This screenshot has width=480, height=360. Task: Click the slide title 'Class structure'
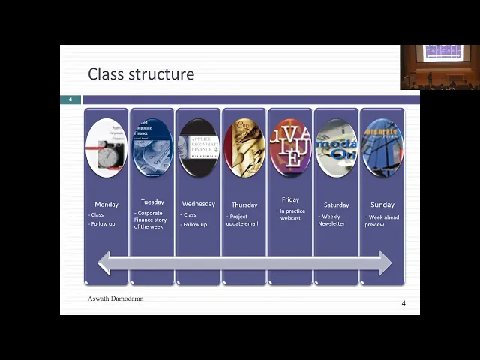pyautogui.click(x=141, y=74)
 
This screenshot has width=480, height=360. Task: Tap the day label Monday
pyautogui.click(x=106, y=205)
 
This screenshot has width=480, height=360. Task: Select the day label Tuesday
pyautogui.click(x=152, y=202)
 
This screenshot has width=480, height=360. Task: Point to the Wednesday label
pyautogui.click(x=198, y=204)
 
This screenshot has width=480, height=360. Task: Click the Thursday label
pyautogui.click(x=244, y=205)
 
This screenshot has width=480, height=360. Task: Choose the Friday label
pyautogui.click(x=290, y=199)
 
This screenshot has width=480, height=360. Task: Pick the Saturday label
pyautogui.click(x=336, y=205)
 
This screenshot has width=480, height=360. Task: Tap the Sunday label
pyautogui.click(x=382, y=205)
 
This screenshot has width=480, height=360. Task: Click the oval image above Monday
pyautogui.click(x=106, y=148)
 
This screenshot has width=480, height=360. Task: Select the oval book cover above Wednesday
pyautogui.click(x=198, y=148)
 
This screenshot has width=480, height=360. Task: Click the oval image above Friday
pyautogui.click(x=290, y=148)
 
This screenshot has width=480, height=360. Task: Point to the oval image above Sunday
pyautogui.click(x=382, y=148)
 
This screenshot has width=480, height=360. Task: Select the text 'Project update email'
pyautogui.click(x=244, y=220)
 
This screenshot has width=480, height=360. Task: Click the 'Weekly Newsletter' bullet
pyautogui.click(x=333, y=220)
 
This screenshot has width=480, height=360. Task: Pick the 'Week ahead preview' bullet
pyautogui.click(x=383, y=220)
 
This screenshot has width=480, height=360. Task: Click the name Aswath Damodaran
pyautogui.click(x=115, y=298)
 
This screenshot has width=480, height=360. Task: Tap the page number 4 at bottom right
pyautogui.click(x=403, y=303)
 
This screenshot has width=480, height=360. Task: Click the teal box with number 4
pyautogui.click(x=70, y=100)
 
